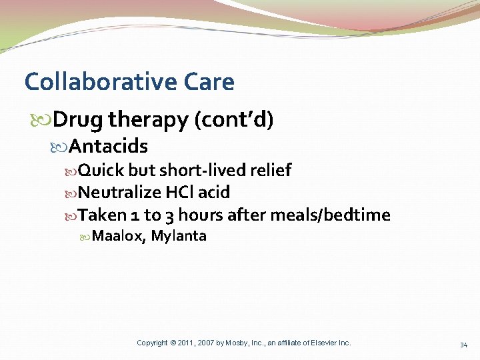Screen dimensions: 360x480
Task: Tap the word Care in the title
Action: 209,82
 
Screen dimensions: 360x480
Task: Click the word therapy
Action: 148,120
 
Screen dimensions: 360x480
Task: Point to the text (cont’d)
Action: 233,120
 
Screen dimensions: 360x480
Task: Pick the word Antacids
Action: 108,146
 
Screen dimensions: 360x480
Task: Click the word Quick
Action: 101,171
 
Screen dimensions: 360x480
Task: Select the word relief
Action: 271,171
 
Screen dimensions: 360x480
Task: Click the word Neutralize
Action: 120,193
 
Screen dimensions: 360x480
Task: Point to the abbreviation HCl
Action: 179,193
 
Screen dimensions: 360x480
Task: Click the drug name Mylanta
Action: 179,236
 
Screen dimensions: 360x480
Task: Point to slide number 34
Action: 463,345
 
